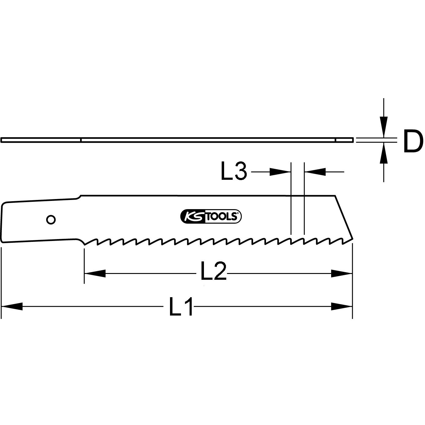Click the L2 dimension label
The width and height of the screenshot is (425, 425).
point(213,271)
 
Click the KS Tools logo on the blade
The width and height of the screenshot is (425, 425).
point(211,216)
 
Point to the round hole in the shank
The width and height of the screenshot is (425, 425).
point(51,220)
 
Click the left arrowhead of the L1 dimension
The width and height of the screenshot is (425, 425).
point(12,306)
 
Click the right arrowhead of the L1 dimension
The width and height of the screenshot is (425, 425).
point(342,306)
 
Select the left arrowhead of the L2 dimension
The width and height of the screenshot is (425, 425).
point(95,274)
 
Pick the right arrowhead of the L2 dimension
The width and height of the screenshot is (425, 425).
point(342,274)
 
